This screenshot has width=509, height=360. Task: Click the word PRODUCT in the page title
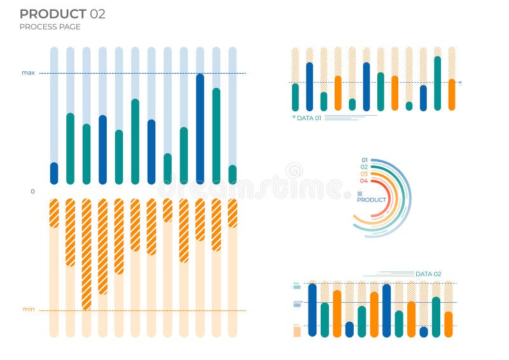point(53,14)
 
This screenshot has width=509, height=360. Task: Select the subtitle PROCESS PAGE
point(50,27)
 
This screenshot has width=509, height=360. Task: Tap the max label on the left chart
point(28,73)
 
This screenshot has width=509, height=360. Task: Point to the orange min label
point(29,309)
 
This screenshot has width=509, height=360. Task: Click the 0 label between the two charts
point(32,191)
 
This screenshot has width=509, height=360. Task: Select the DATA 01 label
point(309,118)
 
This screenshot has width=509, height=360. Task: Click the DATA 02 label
point(428,274)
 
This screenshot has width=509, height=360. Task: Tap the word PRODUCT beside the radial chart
point(372,200)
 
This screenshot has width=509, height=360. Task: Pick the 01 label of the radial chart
point(364,160)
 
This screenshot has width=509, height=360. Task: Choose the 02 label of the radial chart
point(364,167)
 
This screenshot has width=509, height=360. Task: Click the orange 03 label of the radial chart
point(364,174)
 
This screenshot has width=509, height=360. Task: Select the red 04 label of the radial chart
point(364,181)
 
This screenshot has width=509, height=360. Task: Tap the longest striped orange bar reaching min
point(87,254)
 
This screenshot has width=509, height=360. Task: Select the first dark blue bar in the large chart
point(54,173)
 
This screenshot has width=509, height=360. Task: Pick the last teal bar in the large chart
point(232,174)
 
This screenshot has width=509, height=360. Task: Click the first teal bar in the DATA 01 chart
point(295,97)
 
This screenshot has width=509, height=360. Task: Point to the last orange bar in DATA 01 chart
point(452,95)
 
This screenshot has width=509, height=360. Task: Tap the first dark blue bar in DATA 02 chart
point(312,310)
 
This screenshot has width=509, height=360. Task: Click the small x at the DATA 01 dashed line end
point(460,83)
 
